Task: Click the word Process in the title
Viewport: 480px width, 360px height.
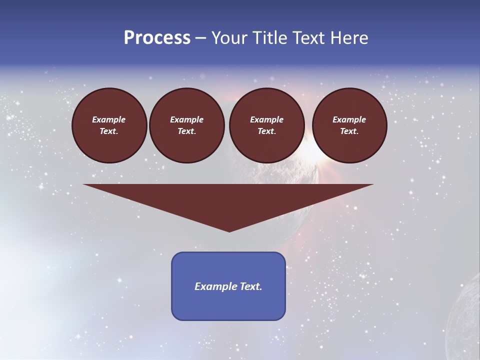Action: (157, 38)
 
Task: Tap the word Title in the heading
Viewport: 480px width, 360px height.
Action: (270, 38)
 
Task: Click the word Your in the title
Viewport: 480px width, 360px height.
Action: (230, 38)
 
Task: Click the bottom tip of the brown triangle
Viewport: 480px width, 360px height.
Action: (229, 230)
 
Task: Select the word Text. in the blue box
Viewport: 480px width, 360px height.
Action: (250, 286)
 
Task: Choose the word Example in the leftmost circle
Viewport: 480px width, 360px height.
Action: (109, 119)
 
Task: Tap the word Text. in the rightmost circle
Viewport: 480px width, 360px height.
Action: (349, 131)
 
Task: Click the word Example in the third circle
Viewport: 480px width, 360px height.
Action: (267, 119)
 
